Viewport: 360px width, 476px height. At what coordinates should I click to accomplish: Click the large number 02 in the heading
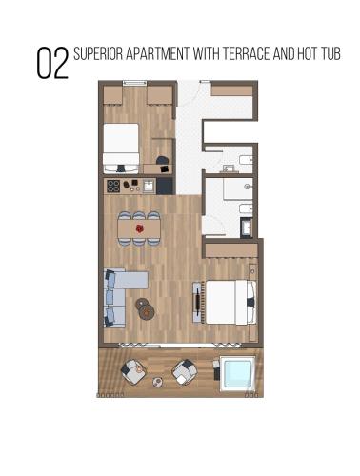pos(52,63)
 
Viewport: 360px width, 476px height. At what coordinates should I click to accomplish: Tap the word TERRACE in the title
pos(246,53)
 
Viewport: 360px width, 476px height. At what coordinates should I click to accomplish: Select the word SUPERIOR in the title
pos(98,53)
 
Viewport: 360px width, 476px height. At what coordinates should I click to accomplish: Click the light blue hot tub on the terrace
pos(238,373)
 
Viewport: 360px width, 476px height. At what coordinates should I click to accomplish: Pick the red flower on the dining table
pos(139,228)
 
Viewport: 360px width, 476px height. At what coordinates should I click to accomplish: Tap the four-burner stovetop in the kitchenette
pos(113,187)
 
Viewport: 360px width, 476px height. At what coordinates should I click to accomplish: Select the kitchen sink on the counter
pos(149,186)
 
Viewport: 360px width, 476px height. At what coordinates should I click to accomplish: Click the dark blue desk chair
pos(162,161)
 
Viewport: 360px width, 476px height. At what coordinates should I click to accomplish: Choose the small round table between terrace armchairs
pos(158,382)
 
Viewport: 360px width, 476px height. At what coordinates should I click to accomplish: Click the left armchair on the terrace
pos(133,371)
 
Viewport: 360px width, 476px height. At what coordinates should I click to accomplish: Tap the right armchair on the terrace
pos(185,372)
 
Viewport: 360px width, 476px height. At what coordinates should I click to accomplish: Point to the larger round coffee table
pos(147,312)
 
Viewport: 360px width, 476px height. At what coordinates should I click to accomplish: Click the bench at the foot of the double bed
pos(198,303)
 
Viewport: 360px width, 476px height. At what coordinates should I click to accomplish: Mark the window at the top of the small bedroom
pos(134,83)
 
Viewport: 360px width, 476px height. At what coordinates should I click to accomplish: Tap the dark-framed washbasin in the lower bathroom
pos(247,228)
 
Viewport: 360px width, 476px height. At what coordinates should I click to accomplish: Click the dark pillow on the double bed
pos(250,302)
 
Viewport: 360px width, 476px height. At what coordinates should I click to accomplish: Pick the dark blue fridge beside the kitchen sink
pos(165,186)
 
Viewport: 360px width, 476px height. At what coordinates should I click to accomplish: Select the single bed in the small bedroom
pos(121,149)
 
